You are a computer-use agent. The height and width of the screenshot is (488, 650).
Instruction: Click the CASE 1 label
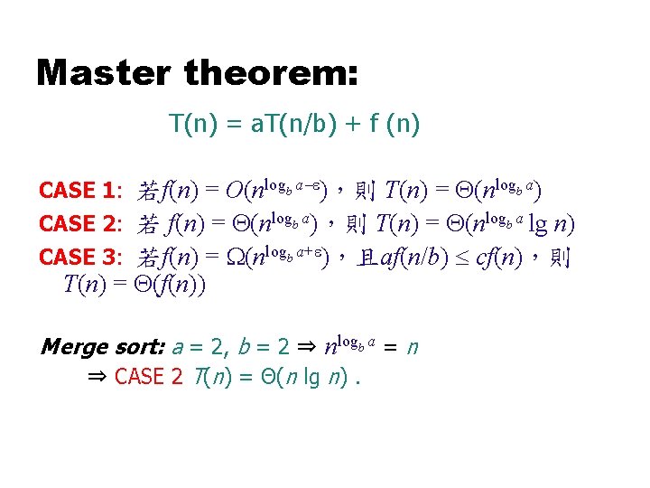click(79, 191)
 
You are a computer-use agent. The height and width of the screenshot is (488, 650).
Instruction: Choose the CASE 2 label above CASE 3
click(79, 224)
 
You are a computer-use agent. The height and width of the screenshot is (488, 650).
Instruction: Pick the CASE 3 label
click(79, 258)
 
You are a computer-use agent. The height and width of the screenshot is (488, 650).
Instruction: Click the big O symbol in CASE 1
click(234, 191)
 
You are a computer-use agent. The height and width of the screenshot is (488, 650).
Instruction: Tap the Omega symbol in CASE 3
click(235, 258)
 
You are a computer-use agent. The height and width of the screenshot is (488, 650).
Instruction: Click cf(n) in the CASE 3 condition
click(502, 258)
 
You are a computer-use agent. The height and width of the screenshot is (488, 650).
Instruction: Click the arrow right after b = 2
click(305, 346)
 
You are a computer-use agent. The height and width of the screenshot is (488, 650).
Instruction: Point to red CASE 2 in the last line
click(148, 376)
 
